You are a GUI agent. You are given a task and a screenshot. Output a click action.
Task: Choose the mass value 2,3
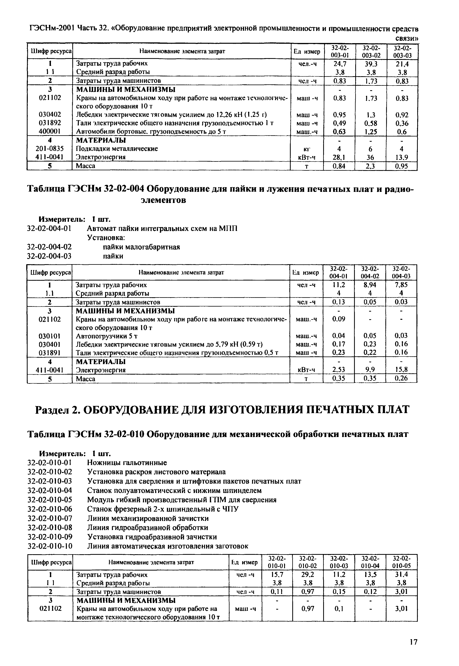pos(370,166)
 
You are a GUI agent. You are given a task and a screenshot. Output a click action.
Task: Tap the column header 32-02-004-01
pos(339,272)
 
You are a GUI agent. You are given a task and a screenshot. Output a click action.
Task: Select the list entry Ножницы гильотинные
pos(127,463)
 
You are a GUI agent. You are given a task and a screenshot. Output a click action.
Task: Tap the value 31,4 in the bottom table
pos(401,574)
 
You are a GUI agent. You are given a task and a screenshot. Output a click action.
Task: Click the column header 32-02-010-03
pos(339,562)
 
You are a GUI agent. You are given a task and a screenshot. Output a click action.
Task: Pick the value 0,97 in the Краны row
pos(308,608)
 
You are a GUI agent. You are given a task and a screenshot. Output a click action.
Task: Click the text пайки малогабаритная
pos(141,247)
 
